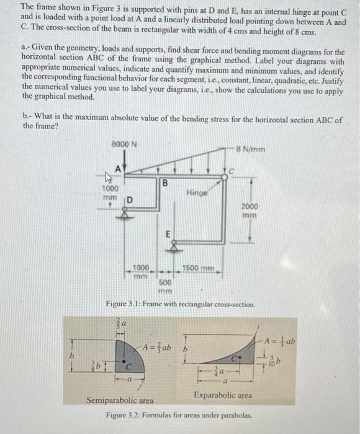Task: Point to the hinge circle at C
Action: click(x=224, y=177)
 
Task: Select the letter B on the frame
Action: click(x=164, y=184)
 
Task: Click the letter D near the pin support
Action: click(x=131, y=199)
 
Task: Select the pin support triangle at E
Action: click(x=166, y=246)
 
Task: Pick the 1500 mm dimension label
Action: click(x=198, y=267)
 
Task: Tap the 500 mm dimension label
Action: click(x=164, y=285)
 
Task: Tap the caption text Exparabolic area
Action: click(x=223, y=395)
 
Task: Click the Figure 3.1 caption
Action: click(x=180, y=305)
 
